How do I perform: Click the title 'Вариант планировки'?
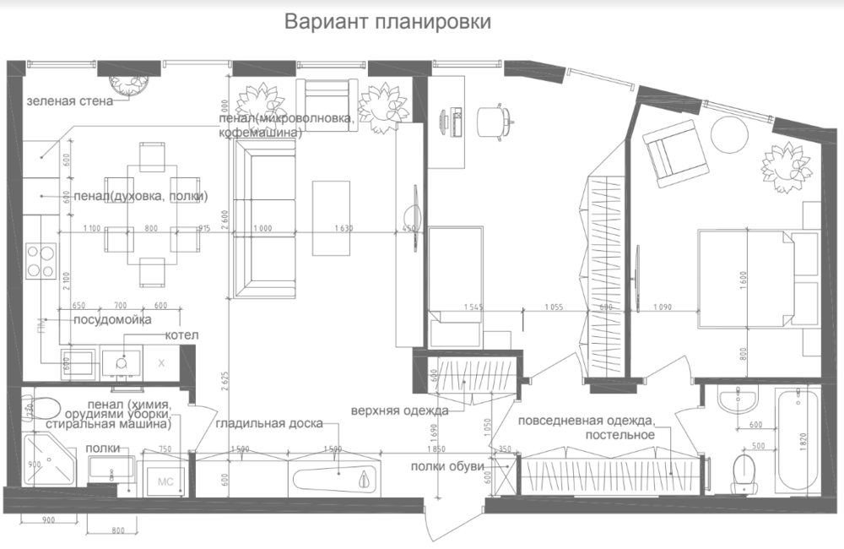click(x=387, y=20)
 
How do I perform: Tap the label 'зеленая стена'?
click(x=68, y=101)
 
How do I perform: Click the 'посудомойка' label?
click(x=112, y=320)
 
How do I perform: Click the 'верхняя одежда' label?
click(x=399, y=410)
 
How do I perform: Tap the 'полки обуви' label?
click(x=446, y=466)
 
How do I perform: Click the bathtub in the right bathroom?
click(x=798, y=440)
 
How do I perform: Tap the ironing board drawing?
click(x=333, y=477)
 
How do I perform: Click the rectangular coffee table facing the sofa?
click(x=331, y=217)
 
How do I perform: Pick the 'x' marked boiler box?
click(x=162, y=362)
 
